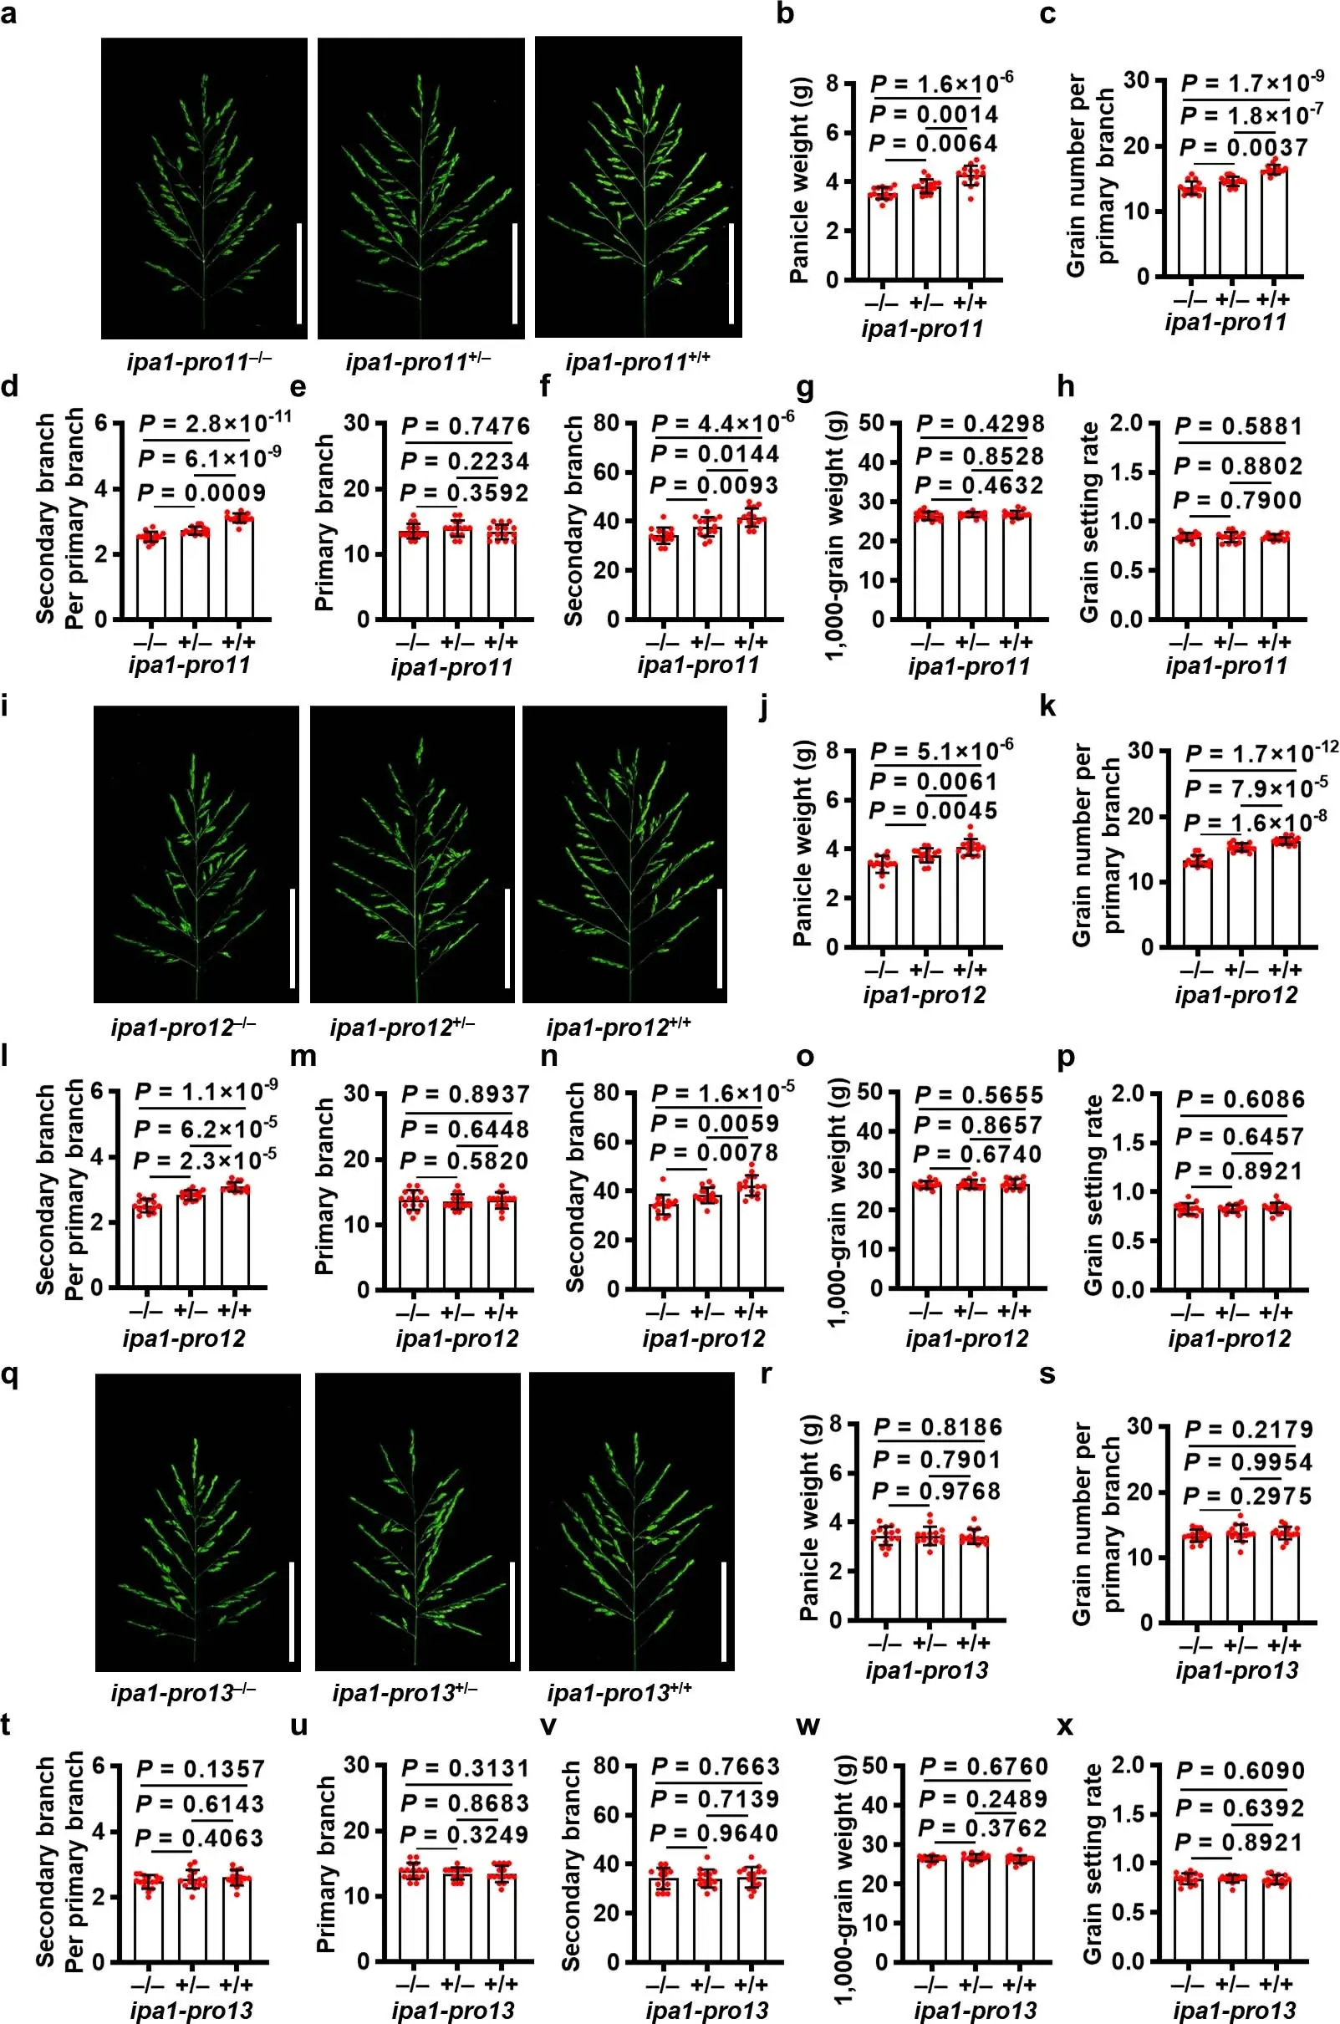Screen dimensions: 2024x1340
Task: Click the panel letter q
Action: point(12,1376)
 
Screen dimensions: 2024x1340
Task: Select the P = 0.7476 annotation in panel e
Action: point(466,426)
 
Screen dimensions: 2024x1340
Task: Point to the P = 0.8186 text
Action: point(937,1426)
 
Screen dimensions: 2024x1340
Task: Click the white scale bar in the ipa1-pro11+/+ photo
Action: point(731,273)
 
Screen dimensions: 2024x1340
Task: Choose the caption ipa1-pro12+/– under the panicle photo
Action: point(401,1027)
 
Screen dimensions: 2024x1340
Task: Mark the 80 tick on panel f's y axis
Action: point(607,423)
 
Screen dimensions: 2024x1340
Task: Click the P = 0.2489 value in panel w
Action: point(983,1799)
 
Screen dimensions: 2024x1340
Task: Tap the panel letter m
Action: point(303,1057)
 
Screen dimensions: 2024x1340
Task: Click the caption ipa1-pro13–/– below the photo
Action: point(184,1692)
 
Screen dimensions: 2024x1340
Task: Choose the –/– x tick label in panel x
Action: point(1187,1983)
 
